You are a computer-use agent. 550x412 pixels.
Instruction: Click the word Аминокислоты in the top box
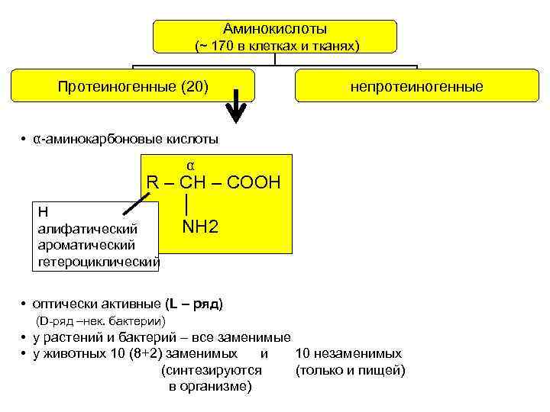275,29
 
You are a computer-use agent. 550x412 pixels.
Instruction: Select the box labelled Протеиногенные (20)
132,85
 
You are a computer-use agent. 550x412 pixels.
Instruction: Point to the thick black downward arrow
238,108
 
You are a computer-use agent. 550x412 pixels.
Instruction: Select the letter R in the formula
153,184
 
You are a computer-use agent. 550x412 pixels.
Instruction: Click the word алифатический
88,228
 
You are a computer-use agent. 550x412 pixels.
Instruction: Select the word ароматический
86,245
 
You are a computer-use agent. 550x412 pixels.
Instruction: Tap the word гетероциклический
99,262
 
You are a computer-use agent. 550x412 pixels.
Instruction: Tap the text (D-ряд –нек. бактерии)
102,320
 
